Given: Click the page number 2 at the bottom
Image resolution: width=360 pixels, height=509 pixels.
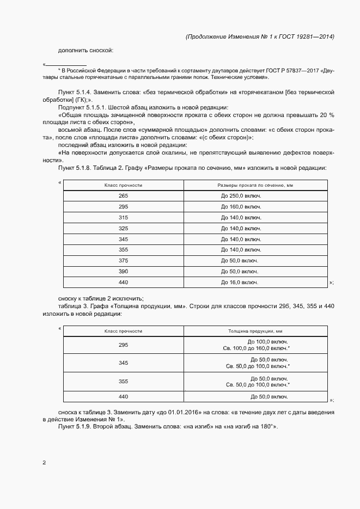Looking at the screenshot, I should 44,463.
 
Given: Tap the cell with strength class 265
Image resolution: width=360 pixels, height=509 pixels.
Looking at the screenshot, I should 123,196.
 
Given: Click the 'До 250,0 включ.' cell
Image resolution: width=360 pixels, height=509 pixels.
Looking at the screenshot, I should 240,196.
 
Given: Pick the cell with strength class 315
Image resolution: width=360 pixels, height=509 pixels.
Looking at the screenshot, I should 123,218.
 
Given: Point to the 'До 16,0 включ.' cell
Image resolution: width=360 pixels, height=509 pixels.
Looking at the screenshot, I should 240,283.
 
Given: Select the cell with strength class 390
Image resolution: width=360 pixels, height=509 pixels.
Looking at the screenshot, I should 123,272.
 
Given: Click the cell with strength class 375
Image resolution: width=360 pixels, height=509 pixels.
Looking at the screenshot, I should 123,261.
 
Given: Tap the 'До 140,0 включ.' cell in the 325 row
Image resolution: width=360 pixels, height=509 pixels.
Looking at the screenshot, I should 240,229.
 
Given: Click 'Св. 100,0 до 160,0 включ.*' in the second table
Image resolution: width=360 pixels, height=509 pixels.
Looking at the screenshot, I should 257,348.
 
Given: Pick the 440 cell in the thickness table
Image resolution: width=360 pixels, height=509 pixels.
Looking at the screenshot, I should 123,396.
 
